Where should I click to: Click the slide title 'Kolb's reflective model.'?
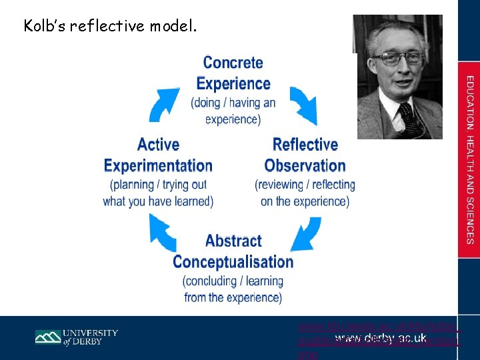pos(110,27)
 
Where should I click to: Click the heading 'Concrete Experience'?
pos(233,73)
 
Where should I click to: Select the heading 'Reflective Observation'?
pos(305,155)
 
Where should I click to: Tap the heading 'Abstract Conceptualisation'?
pos(233,251)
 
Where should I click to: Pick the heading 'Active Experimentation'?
pos(158,155)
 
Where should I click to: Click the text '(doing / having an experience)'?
pos(233,111)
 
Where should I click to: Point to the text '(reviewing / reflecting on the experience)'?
pos(305,193)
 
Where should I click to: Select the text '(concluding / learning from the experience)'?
pos(233,289)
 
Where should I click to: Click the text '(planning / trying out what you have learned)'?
pos(158,193)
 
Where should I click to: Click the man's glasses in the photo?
pos(398,58)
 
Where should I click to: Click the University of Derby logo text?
pos(91,337)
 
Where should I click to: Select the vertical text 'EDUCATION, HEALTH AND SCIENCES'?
pos(469,160)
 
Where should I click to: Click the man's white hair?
pos(399,33)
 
